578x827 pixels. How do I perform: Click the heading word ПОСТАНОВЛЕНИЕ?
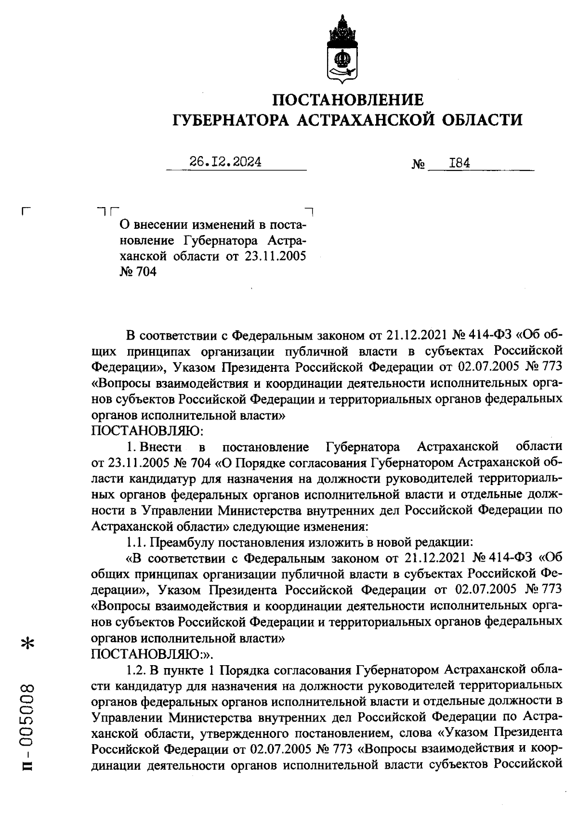(348, 100)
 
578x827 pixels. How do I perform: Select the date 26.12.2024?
(226, 162)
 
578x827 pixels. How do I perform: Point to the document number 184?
(459, 163)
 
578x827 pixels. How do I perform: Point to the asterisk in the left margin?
(29, 644)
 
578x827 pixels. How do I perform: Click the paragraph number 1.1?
(136, 542)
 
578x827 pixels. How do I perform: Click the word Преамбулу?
(183, 542)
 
